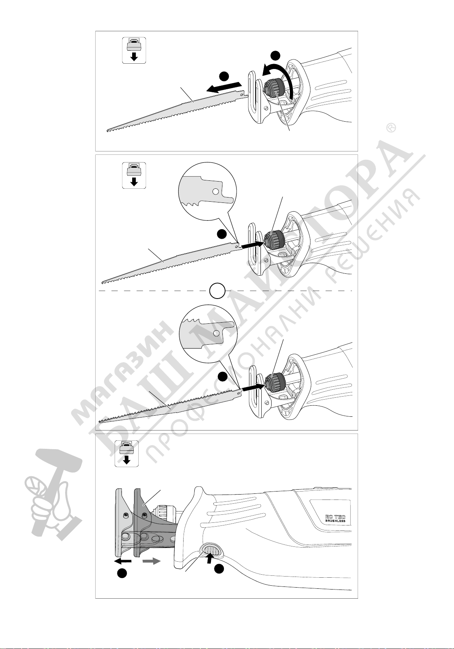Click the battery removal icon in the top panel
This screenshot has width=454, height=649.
[x=134, y=50]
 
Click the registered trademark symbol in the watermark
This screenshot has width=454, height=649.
[x=391, y=128]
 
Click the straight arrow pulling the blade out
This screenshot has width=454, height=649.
[x=225, y=87]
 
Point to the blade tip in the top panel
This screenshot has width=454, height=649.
[x=107, y=130]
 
